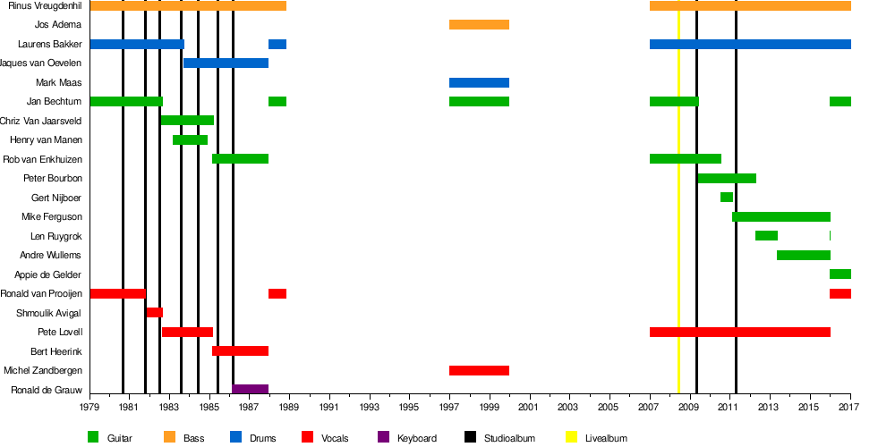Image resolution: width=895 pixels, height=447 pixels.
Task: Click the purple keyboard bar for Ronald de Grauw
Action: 250,389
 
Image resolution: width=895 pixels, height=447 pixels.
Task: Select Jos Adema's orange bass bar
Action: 479,24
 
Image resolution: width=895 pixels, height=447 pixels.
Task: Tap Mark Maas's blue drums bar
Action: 479,82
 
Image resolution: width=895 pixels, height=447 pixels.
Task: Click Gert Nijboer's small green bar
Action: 727,197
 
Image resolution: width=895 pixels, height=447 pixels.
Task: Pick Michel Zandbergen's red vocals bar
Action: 479,370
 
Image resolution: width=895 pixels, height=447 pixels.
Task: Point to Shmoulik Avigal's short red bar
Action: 154,312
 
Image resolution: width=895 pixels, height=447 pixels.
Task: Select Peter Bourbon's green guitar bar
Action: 727,178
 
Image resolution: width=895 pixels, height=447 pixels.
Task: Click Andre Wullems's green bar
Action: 804,255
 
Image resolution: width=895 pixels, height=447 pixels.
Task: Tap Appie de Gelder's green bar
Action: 840,274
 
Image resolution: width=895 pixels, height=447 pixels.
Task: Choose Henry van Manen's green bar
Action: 190,139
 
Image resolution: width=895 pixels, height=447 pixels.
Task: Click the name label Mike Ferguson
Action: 52,216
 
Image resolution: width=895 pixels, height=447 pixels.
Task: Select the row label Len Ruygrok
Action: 56,236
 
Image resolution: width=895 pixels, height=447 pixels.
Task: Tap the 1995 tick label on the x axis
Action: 409,408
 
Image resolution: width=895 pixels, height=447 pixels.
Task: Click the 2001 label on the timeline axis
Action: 529,408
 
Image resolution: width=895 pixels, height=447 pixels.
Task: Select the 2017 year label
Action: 848,408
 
